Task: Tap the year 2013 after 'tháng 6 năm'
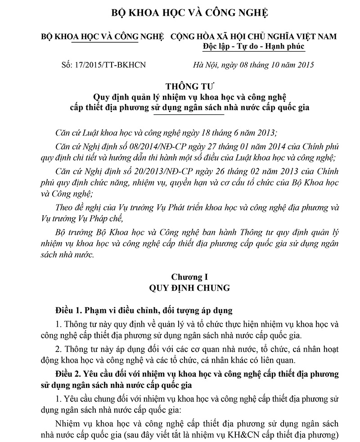point(265,134)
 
